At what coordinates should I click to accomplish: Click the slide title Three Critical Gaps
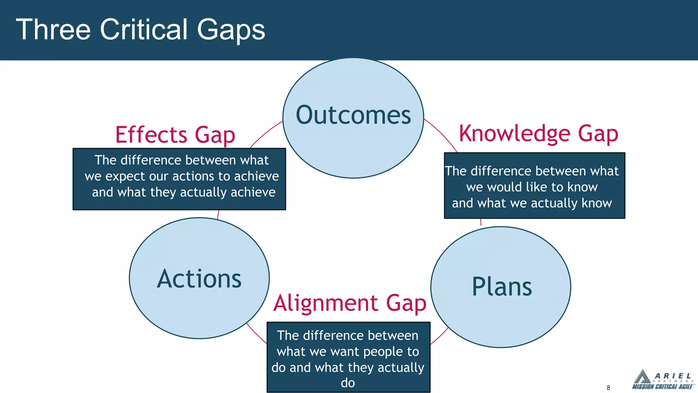click(x=140, y=30)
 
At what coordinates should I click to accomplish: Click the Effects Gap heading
click(x=175, y=135)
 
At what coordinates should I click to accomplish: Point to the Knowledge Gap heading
click(x=538, y=133)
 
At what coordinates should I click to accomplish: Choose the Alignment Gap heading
click(x=350, y=303)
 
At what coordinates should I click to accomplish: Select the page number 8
click(x=608, y=388)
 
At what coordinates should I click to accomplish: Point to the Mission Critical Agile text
click(x=662, y=387)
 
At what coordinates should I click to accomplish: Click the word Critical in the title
click(x=143, y=30)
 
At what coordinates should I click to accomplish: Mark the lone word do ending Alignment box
click(x=348, y=383)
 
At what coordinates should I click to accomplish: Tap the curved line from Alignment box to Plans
click(x=440, y=336)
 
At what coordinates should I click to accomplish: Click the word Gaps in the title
click(x=231, y=30)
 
